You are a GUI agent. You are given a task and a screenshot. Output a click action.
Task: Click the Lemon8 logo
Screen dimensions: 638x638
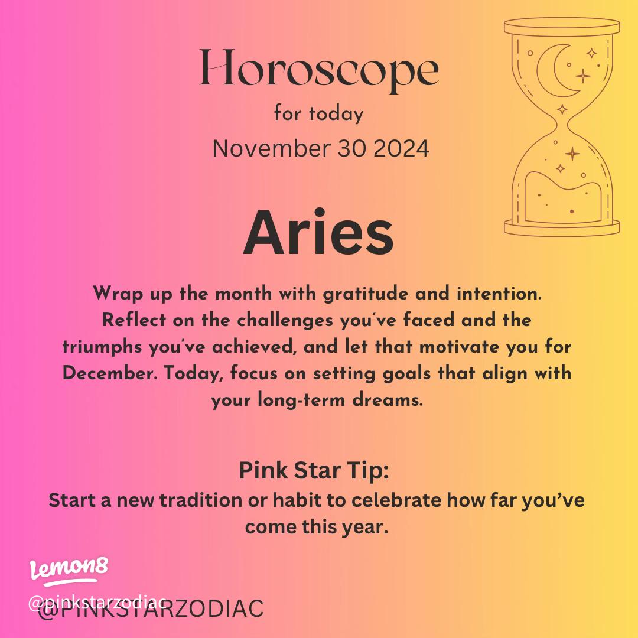[69, 569]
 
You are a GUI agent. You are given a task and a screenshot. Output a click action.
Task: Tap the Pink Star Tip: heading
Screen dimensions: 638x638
[314, 471]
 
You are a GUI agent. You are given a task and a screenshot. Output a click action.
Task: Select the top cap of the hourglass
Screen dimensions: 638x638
[562, 27]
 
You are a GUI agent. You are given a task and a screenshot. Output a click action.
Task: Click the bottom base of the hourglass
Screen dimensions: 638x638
[562, 226]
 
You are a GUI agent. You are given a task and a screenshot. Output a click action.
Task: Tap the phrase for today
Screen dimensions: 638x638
[318, 113]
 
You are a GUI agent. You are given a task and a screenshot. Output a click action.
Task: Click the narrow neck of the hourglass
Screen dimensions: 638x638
[562, 125]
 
